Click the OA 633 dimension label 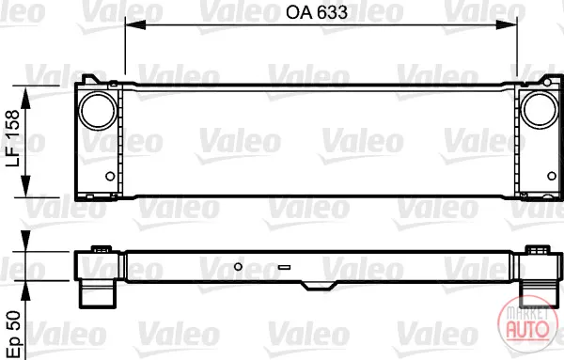[317, 12]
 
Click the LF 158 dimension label [12, 138]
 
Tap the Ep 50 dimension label [14, 333]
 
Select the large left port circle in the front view [98, 111]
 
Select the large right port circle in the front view [540, 110]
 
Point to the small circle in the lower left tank [110, 176]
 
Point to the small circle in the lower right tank [552, 176]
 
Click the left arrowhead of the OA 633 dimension [135, 24]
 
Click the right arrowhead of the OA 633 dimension [507, 24]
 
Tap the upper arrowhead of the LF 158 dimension [25, 98]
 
